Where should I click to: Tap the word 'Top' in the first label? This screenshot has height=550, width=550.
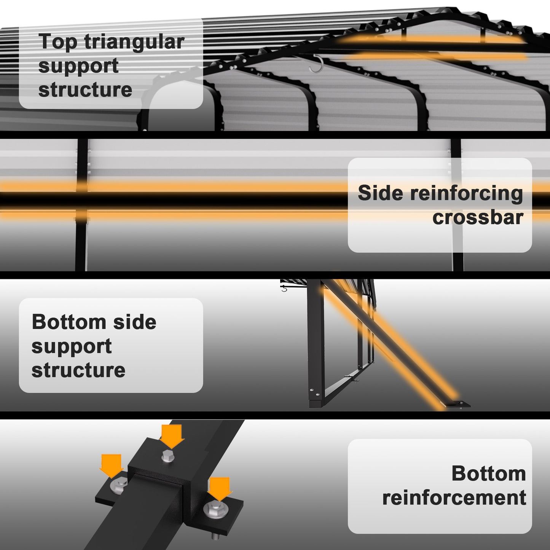pos(58,42)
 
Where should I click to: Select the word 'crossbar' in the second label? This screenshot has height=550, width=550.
pos(478,218)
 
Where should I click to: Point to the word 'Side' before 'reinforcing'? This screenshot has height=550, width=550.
pos(380,193)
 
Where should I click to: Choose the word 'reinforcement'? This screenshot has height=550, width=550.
pos(454,498)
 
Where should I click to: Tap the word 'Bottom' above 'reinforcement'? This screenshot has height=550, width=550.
pos(489,473)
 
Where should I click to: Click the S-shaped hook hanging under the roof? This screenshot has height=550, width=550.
pos(316,65)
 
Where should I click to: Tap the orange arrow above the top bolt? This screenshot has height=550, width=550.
pos(172,435)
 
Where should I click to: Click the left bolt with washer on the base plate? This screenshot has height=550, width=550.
pos(119,486)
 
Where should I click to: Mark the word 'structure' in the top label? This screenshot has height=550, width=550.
pos(85,90)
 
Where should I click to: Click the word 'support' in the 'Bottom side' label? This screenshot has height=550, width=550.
pos(72,346)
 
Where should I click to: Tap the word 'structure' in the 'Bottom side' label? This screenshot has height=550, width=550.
pos(78,370)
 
